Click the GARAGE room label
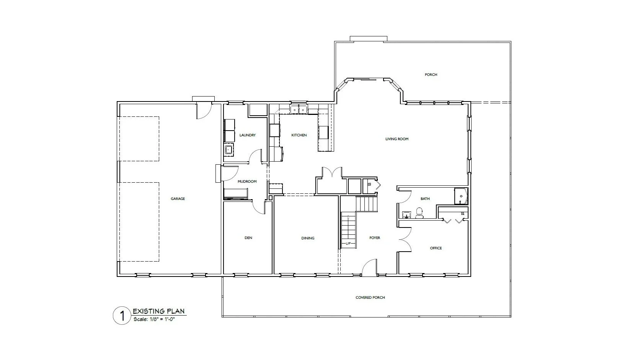point(178,199)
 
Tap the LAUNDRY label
point(247,135)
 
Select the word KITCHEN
point(299,135)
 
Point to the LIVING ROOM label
point(397,139)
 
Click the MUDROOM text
point(247,181)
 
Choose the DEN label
point(248,237)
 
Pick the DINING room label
point(308,238)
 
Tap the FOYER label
point(375,237)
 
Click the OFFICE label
point(436,248)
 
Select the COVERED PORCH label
point(370,297)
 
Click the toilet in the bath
point(419,213)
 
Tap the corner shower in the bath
point(461,196)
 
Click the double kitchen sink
point(299,109)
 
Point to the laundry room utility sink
point(229,149)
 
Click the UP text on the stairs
point(348,244)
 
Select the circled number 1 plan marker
point(122,316)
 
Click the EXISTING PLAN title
point(158,311)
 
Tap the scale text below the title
point(154,319)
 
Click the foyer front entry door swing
point(369,267)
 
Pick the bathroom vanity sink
point(406,215)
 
